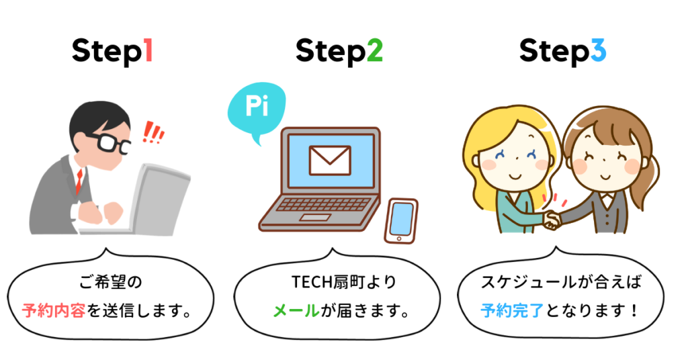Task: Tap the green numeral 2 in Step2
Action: click(x=374, y=50)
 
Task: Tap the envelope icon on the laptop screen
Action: click(x=330, y=161)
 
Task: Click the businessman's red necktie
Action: click(x=79, y=180)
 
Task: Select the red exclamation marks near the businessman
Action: click(x=154, y=132)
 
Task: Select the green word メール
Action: click(x=296, y=311)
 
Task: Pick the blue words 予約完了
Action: click(x=512, y=311)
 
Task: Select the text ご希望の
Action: click(x=111, y=281)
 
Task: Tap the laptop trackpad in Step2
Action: click(x=316, y=218)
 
